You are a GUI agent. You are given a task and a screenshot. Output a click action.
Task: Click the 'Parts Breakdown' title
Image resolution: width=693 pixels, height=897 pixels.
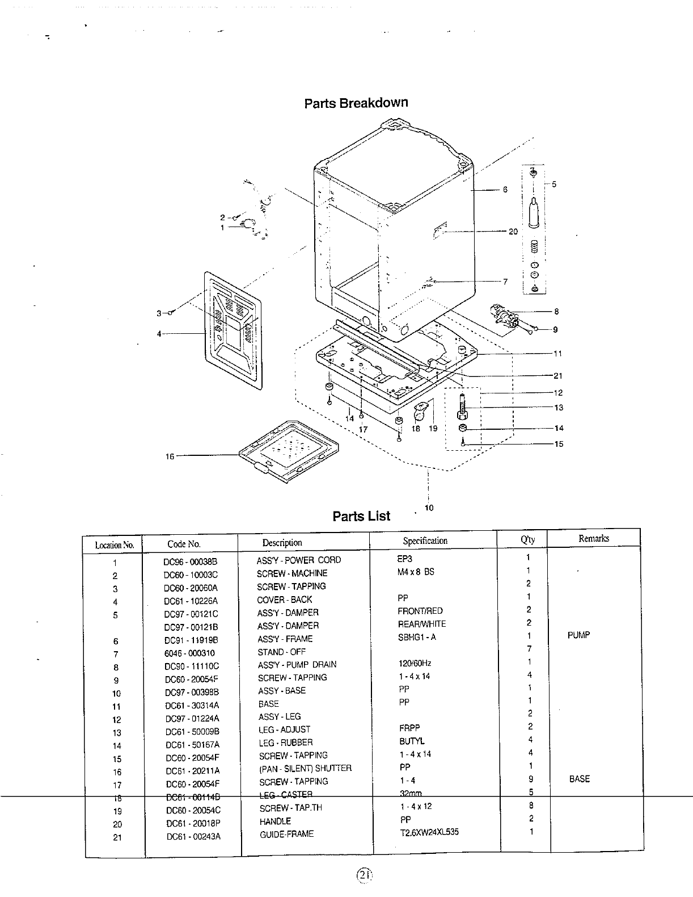356,103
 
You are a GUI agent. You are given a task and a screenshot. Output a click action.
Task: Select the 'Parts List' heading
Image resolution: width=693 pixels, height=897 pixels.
361,516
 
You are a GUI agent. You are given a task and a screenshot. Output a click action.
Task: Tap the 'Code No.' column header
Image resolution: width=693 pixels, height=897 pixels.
184,544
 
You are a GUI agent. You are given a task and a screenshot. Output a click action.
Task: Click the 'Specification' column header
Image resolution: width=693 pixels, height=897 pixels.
425,540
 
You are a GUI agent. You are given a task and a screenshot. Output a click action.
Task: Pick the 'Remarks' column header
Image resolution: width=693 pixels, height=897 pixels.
594,538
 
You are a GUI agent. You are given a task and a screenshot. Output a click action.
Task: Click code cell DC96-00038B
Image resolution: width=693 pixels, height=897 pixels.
191,561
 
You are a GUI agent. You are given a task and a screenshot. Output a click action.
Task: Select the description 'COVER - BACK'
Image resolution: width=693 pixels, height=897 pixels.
284,600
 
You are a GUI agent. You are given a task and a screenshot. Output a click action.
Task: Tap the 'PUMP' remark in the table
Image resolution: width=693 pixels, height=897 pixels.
578,635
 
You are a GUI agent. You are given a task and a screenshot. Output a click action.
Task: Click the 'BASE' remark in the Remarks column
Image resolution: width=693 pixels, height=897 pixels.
579,779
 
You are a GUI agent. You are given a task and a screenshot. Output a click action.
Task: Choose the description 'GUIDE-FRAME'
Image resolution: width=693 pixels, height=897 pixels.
286,834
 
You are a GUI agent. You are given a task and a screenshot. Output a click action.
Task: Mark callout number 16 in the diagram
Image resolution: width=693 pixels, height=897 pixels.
170,456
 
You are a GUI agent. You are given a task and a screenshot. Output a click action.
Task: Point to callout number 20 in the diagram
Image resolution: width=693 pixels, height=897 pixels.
513,232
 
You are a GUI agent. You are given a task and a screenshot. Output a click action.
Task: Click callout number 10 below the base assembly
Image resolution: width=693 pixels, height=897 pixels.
429,508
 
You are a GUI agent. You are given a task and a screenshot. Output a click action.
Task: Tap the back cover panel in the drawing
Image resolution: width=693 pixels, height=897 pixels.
233,329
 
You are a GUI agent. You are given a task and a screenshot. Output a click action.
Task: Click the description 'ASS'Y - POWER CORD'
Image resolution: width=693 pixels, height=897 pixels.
299,560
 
